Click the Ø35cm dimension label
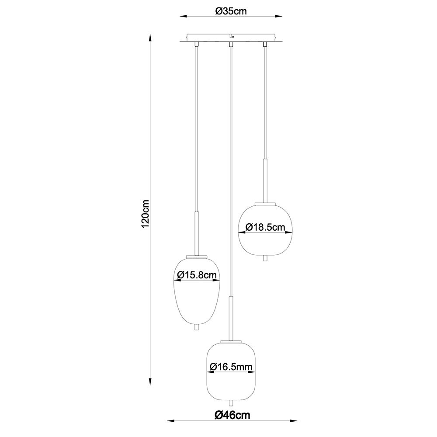pyautogui.click(x=231, y=11)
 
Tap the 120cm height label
pyautogui.click(x=146, y=214)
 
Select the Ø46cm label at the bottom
pyautogui.click(x=232, y=415)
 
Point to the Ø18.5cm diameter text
pyautogui.click(x=265, y=227)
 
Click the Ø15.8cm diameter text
pyautogui.click(x=197, y=275)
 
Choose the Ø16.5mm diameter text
pyautogui.click(x=231, y=367)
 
